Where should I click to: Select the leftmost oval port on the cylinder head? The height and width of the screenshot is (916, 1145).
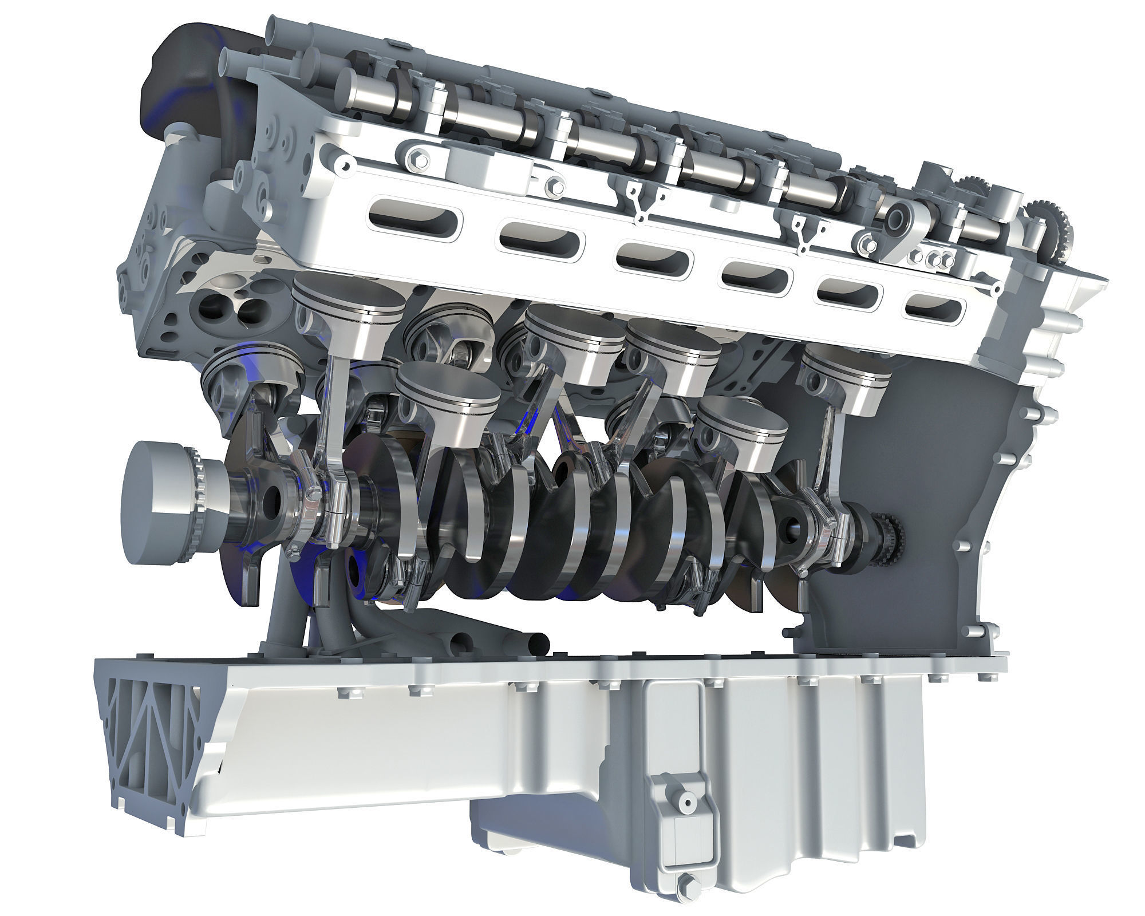click(413, 215)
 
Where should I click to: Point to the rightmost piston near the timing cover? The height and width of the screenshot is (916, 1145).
click(846, 381)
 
